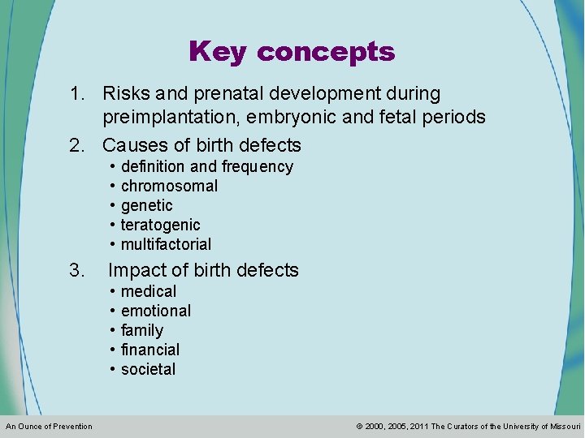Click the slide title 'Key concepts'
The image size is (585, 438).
click(x=292, y=52)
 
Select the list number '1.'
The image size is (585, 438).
click(x=79, y=95)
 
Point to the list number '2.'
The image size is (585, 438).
click(x=79, y=146)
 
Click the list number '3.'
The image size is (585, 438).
click(x=78, y=270)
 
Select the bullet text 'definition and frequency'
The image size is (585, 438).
click(x=206, y=167)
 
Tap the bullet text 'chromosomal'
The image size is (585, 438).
click(x=169, y=187)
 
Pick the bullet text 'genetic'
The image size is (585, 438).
click(x=147, y=206)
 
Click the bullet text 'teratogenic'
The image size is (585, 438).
click(x=160, y=225)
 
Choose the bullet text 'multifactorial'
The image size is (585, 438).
click(x=166, y=245)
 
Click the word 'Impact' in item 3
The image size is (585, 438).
click(x=135, y=270)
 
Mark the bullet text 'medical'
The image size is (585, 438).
click(x=149, y=291)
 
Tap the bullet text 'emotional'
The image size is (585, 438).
click(x=156, y=311)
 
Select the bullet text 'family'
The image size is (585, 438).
click(x=142, y=330)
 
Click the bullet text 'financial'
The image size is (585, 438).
click(x=150, y=350)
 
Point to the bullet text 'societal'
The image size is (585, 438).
click(x=148, y=369)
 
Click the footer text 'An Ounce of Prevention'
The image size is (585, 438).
click(x=49, y=427)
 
